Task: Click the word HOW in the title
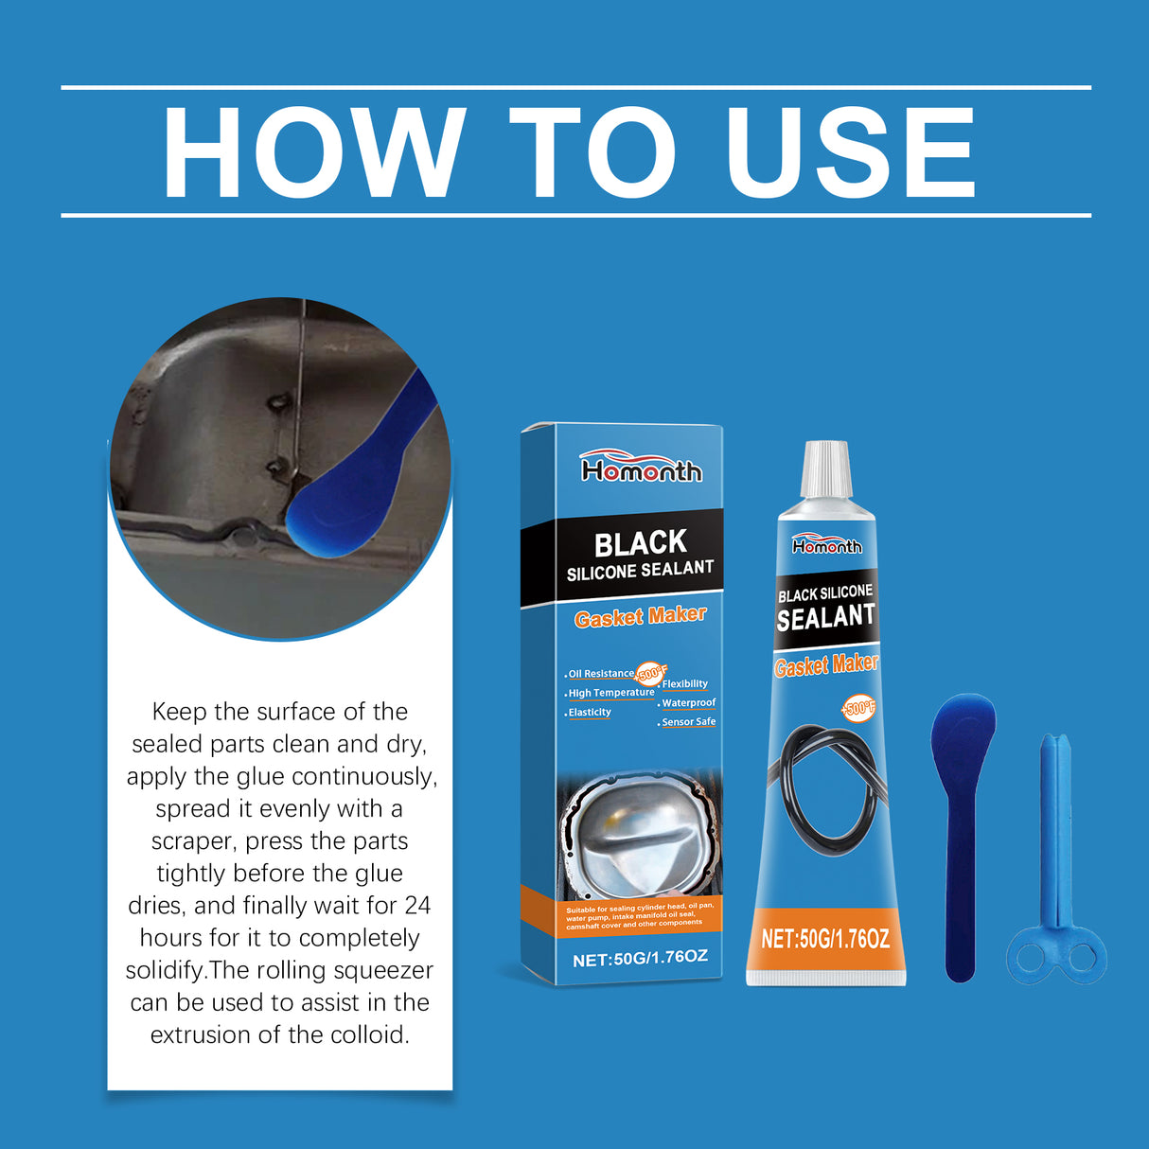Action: tap(313, 152)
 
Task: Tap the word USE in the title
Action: tap(850, 152)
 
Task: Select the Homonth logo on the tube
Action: tap(827, 545)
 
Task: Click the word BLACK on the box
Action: tap(641, 543)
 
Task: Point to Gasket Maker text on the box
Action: tap(641, 617)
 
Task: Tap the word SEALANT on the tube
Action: tap(826, 617)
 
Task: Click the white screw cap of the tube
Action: tap(826, 470)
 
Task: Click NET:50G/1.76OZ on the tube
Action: tap(825, 939)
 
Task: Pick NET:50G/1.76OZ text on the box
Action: tap(640, 958)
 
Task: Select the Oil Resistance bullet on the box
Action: tap(601, 674)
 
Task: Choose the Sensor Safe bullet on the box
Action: tap(688, 722)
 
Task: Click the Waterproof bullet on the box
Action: tap(688, 703)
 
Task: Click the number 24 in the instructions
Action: tap(417, 906)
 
